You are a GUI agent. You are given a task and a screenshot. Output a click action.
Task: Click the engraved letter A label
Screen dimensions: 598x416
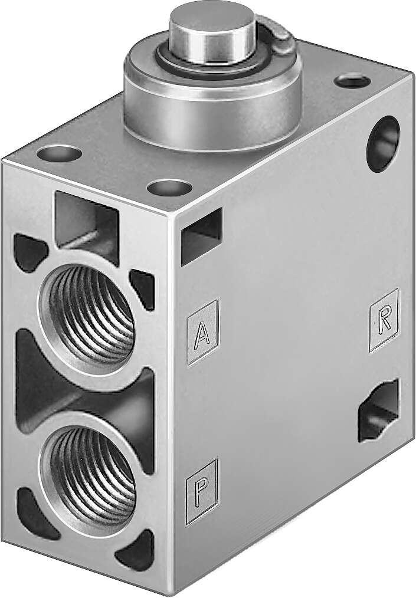point(202,332)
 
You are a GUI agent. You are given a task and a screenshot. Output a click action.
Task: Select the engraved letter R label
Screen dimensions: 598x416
point(384,319)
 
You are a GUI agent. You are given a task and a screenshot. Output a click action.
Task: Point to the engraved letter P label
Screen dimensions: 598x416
point(202,491)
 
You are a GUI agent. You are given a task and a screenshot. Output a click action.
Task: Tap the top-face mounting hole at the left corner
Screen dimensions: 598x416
point(59,154)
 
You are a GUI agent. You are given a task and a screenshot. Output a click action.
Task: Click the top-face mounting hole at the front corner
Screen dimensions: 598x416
point(169,188)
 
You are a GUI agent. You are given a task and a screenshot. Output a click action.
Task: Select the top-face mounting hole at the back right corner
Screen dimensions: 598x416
point(352,80)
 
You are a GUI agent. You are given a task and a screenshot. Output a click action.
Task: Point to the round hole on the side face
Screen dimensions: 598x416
point(383,143)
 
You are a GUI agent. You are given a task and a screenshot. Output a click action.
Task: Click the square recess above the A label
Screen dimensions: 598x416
point(201,236)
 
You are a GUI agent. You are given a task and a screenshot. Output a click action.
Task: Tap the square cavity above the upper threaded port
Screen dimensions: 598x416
point(86,221)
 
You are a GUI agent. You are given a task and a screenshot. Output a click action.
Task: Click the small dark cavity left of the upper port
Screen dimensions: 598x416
point(28,252)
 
